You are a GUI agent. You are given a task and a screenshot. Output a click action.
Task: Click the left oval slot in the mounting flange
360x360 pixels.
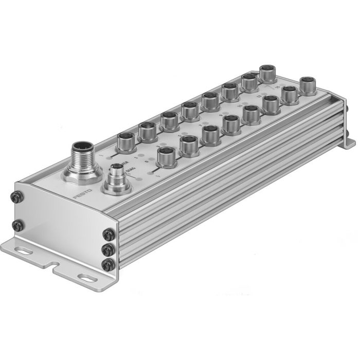[24, 251]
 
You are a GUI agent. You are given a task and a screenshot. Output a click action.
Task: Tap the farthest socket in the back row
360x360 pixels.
[267, 73]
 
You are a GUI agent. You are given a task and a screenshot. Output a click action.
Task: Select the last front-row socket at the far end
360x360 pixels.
[308, 84]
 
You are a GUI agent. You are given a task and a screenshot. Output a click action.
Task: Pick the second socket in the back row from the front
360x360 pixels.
[147, 130]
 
